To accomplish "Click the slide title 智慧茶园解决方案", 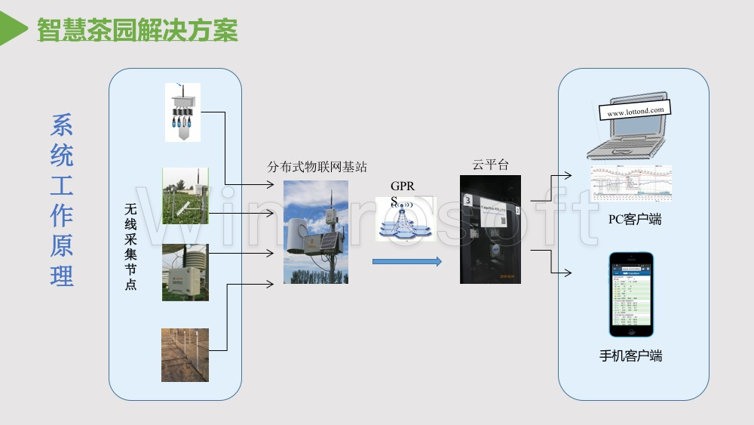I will click(x=137, y=29).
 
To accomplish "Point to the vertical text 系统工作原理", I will click(x=62, y=200).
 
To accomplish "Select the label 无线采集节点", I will click(x=131, y=246).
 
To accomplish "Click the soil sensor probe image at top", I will click(x=182, y=112).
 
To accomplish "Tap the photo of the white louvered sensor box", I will click(x=185, y=273).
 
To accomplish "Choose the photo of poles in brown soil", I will click(x=185, y=355).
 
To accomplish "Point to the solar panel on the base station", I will click(x=329, y=240).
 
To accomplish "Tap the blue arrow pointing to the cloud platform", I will click(x=406, y=262).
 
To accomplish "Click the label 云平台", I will click(x=491, y=165).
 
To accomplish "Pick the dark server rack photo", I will click(x=491, y=229).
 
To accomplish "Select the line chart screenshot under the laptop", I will click(x=630, y=183).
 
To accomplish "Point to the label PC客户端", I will click(x=635, y=220).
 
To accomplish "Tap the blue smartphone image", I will click(x=631, y=294).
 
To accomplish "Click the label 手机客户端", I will click(x=631, y=356).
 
